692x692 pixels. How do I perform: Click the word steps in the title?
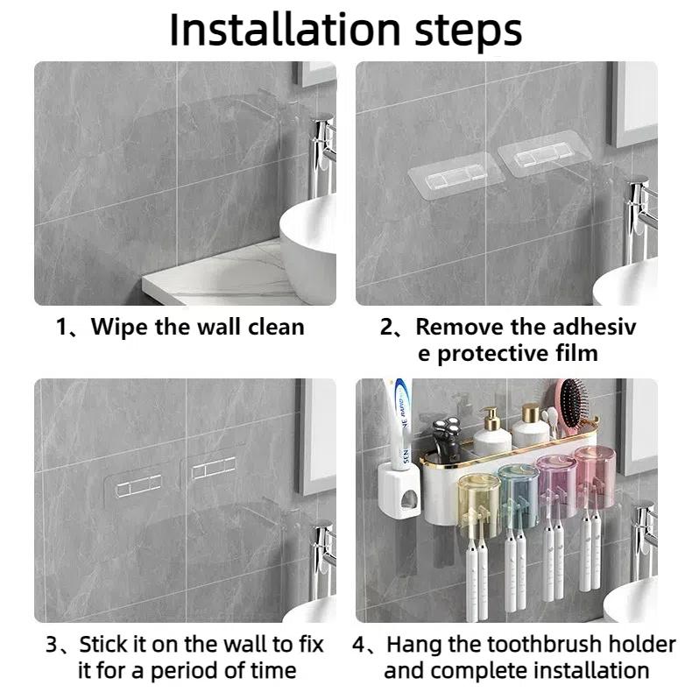pos(469,32)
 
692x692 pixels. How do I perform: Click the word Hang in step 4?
pos(413,646)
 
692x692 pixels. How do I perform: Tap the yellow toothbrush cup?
pos(479,498)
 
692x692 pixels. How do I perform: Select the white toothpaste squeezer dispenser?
pos(399,491)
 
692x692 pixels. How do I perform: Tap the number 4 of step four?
pos(359,646)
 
